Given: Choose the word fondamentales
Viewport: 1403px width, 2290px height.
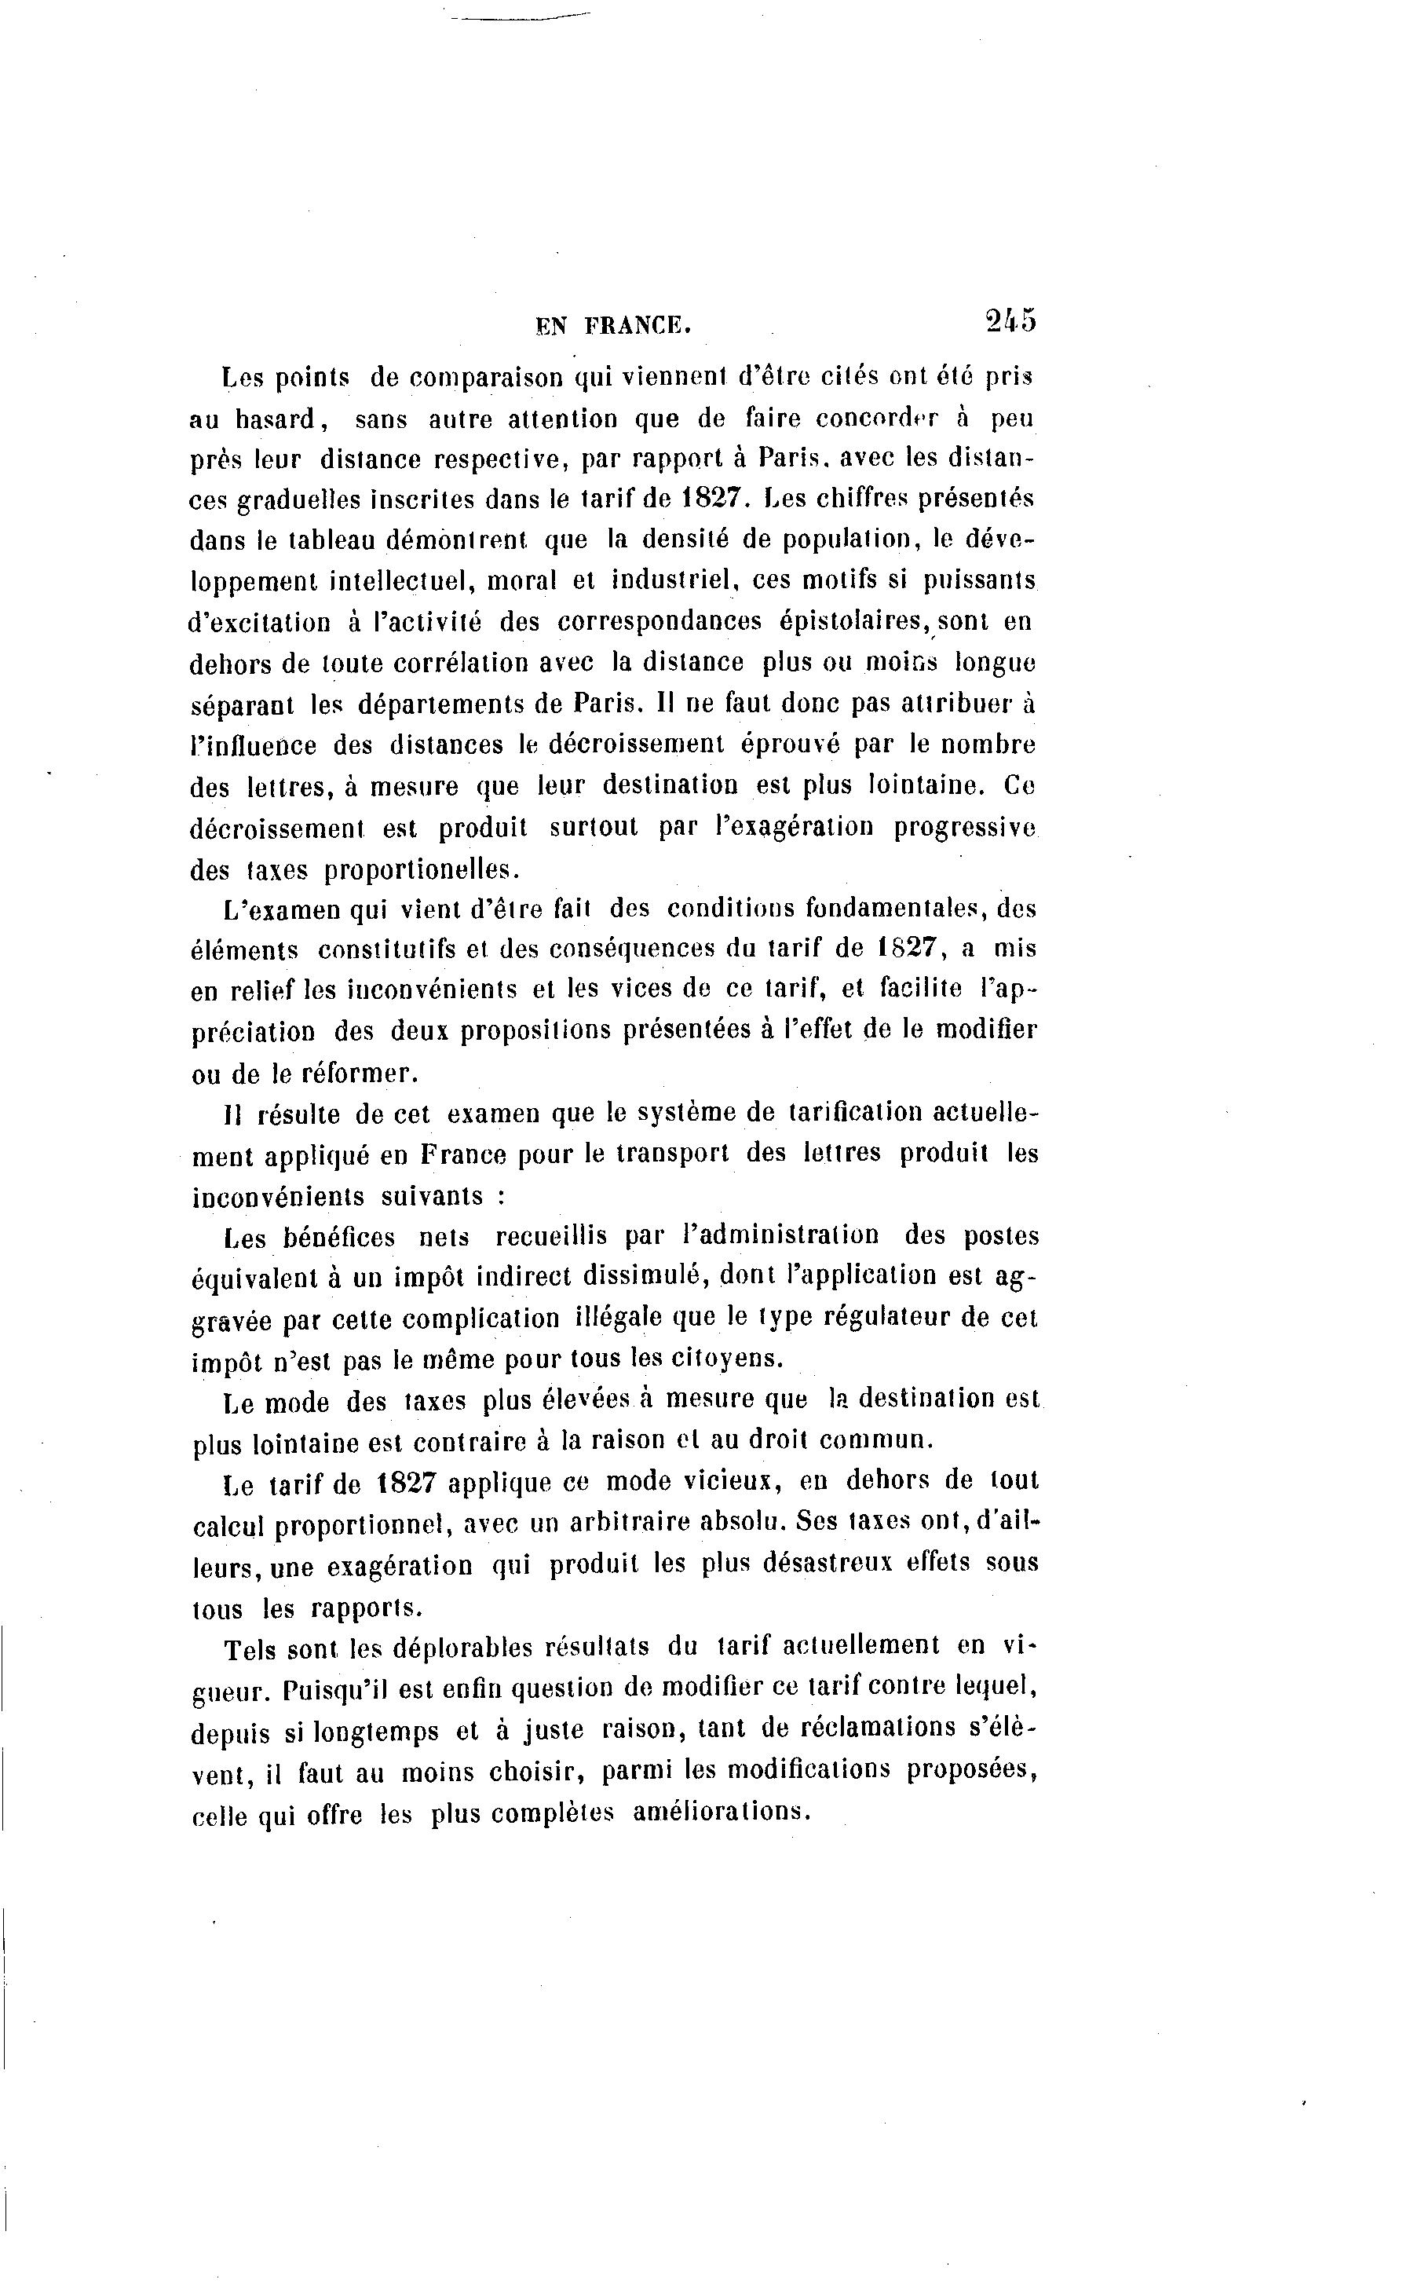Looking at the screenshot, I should coord(901,907).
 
